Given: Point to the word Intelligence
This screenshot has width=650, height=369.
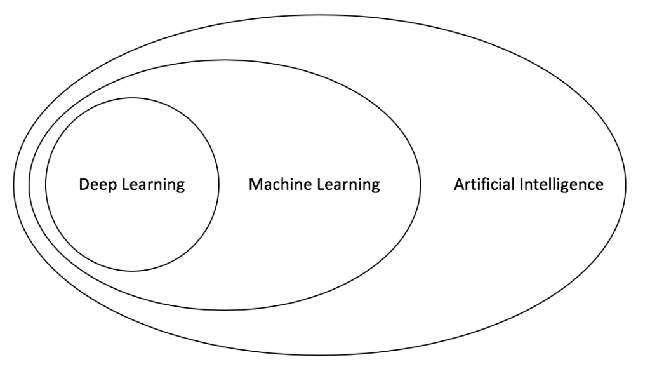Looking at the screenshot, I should coord(561,185).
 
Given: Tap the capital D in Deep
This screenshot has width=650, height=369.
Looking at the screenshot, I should coord(83,185).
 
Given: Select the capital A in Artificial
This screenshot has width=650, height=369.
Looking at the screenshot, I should coord(458,185).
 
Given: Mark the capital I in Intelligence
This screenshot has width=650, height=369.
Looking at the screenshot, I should coord(522,185).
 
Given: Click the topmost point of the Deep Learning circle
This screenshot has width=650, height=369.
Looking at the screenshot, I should coord(132,98).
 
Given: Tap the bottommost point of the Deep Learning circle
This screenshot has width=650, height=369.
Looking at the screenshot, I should coord(132,271).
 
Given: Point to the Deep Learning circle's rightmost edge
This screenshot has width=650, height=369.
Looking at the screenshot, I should coord(218,185).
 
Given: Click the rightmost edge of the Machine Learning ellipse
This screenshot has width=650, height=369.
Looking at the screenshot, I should coord(420,185).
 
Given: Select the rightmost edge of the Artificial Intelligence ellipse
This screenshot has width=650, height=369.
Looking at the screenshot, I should coord(625,185).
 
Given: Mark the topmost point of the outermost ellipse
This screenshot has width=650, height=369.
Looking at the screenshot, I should coord(319,15).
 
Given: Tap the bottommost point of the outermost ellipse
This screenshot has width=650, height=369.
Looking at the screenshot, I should coord(319,355).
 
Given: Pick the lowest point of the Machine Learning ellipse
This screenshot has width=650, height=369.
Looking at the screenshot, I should coord(225,311).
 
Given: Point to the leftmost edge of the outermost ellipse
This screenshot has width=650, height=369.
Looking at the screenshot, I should coord(13,185).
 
